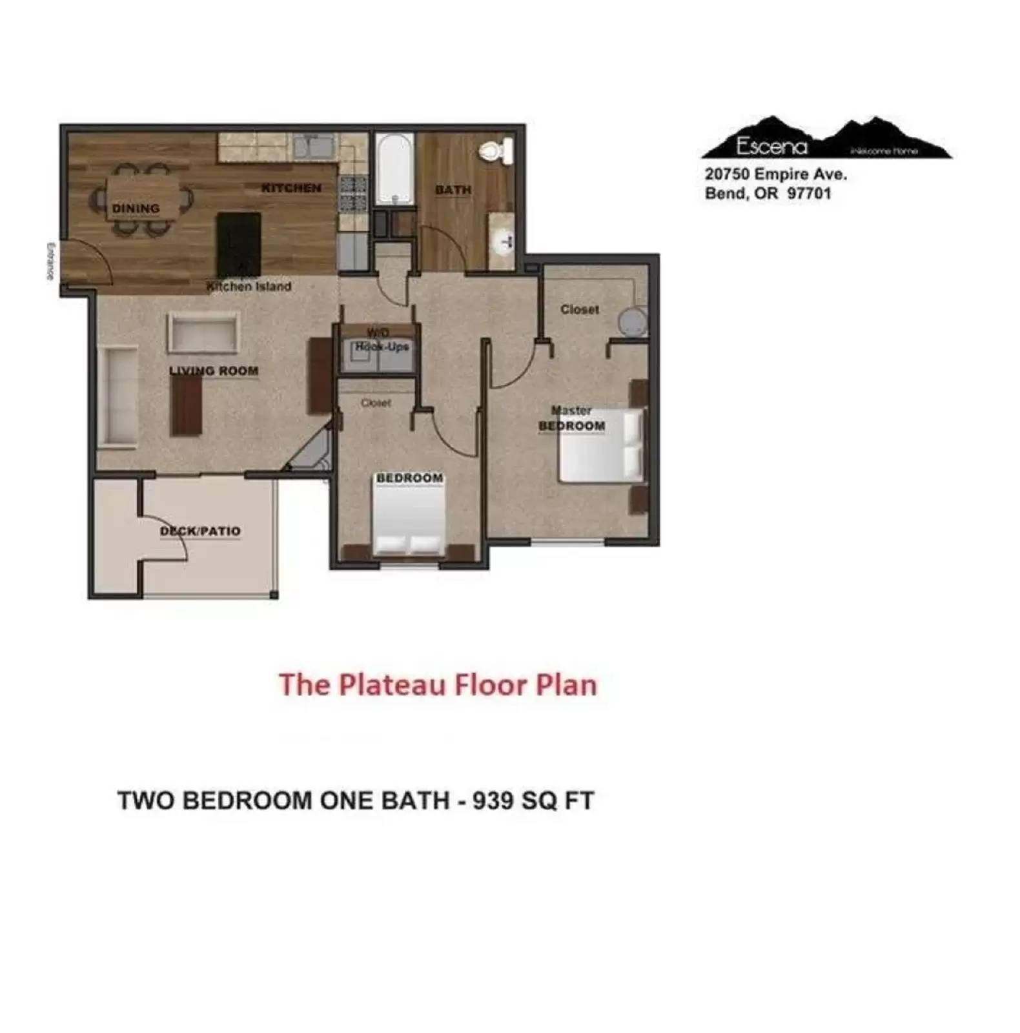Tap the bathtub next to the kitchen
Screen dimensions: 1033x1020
(x=394, y=169)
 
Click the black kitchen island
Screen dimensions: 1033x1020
(x=239, y=243)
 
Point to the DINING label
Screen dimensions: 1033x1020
(x=136, y=209)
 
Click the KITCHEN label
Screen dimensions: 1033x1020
(x=291, y=188)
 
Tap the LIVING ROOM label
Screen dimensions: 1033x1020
(x=214, y=371)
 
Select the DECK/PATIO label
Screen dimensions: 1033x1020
(x=200, y=531)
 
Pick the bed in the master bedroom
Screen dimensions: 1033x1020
(x=602, y=445)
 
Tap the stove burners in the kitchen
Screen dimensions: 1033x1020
(x=353, y=194)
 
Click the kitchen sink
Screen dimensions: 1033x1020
(x=313, y=146)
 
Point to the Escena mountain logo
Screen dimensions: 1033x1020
(x=826, y=139)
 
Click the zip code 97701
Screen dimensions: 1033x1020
(x=809, y=194)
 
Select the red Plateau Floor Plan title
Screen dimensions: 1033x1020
(x=438, y=685)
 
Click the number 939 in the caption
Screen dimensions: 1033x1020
(x=493, y=801)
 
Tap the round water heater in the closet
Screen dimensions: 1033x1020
(x=632, y=321)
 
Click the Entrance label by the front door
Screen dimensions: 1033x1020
(x=50, y=261)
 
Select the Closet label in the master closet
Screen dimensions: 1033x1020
(x=580, y=309)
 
